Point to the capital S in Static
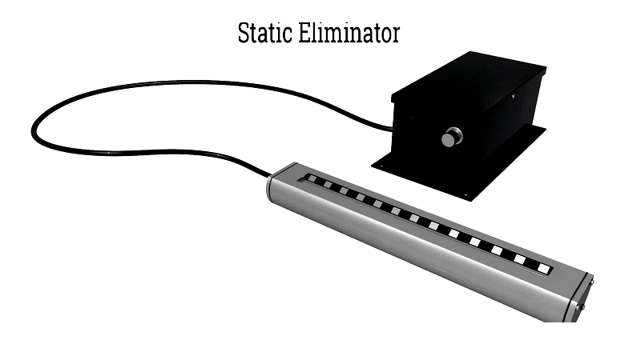[x=244, y=34]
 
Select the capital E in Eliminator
[x=304, y=34]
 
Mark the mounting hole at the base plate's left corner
[x=381, y=166]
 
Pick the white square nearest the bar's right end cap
[x=544, y=267]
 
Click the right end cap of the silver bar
[x=580, y=296]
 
